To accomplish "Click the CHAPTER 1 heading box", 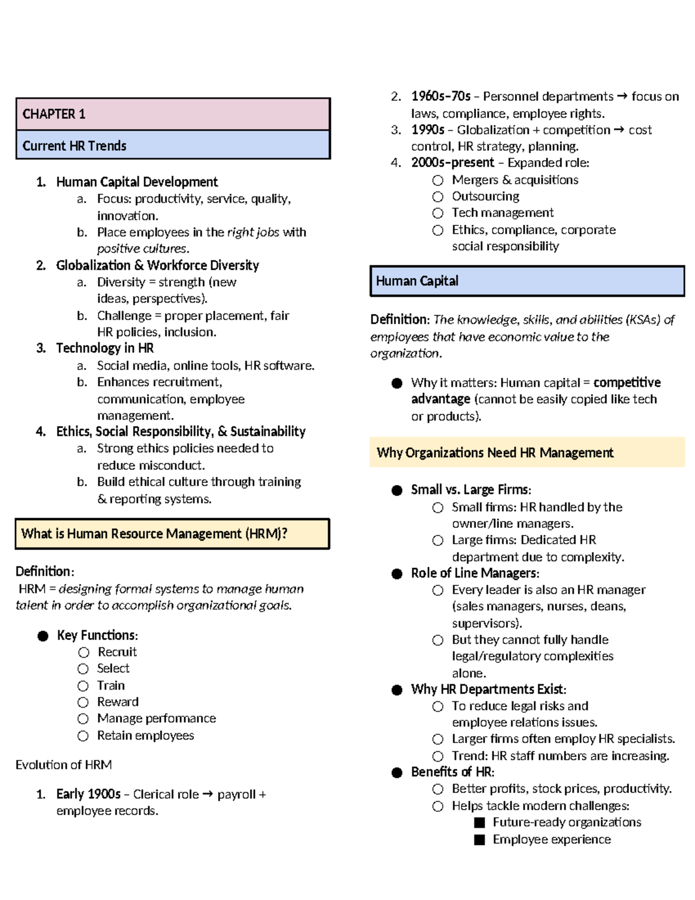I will point(173,114).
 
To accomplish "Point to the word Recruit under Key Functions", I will point(117,652).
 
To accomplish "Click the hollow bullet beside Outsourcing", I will point(438,196).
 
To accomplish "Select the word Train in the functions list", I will point(111,686).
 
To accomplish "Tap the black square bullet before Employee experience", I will point(479,840).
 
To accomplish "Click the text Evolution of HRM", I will point(64,765).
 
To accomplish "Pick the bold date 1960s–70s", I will point(440,96).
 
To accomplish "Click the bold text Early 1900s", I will point(88,794).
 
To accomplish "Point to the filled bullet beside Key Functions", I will point(43,636).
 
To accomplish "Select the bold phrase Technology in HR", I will point(105,348).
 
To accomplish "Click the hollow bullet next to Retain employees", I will point(83,736).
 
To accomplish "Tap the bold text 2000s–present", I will point(452,163).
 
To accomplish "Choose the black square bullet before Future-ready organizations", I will point(479,822).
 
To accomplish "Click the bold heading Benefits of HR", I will point(452,772).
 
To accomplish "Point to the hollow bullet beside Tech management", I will point(438,213).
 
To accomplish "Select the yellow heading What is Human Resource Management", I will point(172,534).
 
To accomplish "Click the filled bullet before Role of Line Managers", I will point(397,574).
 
